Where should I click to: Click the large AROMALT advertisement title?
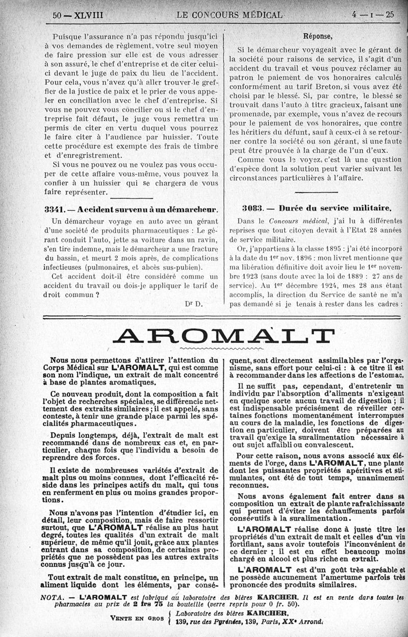pos(220,336)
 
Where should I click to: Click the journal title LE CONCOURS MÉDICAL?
pos(229,15)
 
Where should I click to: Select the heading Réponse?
pos(318,36)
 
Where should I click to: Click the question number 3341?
pos(53,208)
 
